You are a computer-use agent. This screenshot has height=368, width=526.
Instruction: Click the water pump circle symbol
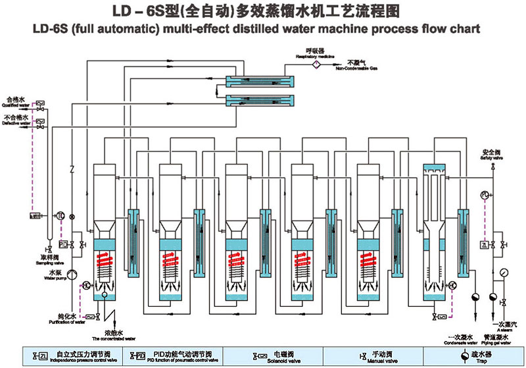click(73, 273)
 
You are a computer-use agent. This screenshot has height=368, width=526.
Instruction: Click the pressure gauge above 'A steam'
click(504, 271)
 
